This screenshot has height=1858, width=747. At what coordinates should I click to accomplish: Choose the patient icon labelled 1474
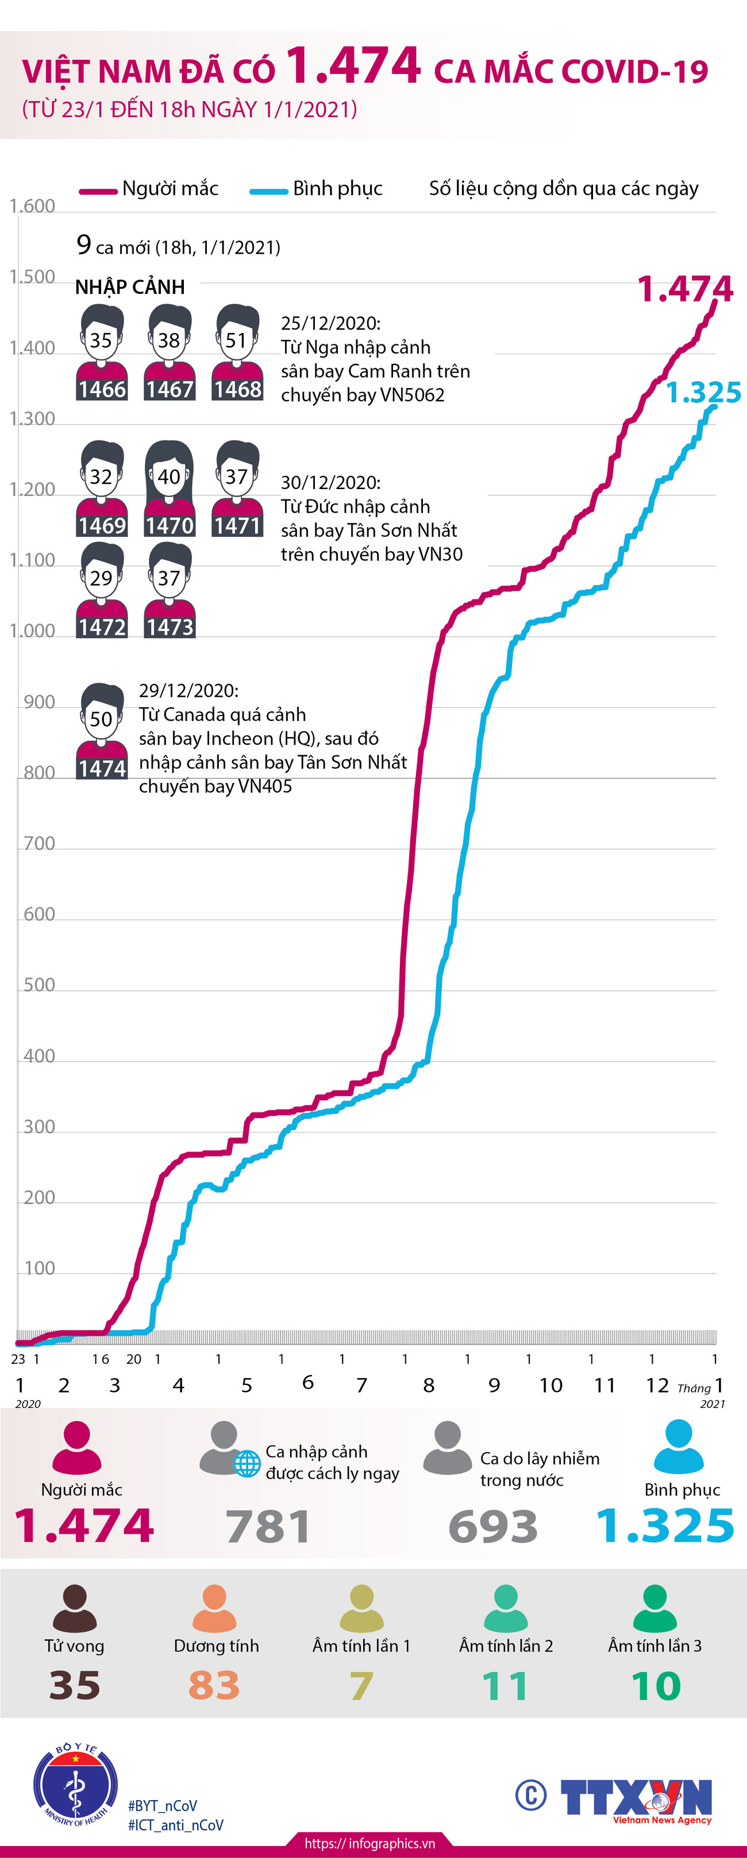[102, 731]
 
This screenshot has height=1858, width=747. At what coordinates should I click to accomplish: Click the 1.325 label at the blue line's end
[703, 393]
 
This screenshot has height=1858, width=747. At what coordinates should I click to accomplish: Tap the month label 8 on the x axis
[429, 1385]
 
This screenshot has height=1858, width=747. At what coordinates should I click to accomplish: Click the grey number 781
[268, 1527]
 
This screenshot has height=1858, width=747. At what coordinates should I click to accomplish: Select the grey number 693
[493, 1527]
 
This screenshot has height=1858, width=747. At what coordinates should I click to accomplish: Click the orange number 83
[214, 1686]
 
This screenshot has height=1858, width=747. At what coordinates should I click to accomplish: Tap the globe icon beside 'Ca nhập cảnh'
[247, 1464]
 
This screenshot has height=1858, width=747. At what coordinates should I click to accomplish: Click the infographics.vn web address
[369, 1844]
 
